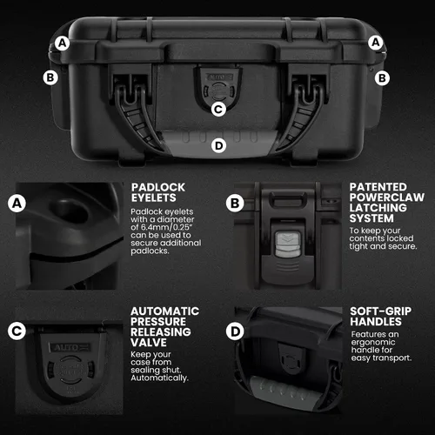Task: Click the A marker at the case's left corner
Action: click(x=63, y=43)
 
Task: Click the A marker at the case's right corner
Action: click(x=376, y=43)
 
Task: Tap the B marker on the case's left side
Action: click(x=50, y=77)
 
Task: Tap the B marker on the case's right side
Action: click(x=382, y=78)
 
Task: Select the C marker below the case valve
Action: click(x=218, y=110)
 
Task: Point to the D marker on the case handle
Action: click(x=218, y=145)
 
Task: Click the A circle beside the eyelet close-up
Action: click(x=17, y=204)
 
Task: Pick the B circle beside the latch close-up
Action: click(x=235, y=204)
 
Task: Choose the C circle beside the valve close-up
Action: click(x=17, y=331)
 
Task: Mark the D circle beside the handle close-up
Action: click(x=235, y=331)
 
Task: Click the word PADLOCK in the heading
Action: click(x=158, y=187)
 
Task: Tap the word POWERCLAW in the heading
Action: click(x=387, y=197)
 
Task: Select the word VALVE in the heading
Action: click(x=149, y=343)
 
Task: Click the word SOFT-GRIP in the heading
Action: click(x=381, y=311)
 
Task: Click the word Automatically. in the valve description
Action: click(x=159, y=378)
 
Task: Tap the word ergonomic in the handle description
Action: click(x=373, y=343)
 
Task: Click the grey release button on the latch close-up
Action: click(x=287, y=244)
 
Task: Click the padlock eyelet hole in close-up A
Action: click(x=71, y=211)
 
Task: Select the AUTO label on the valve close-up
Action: click(x=69, y=347)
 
